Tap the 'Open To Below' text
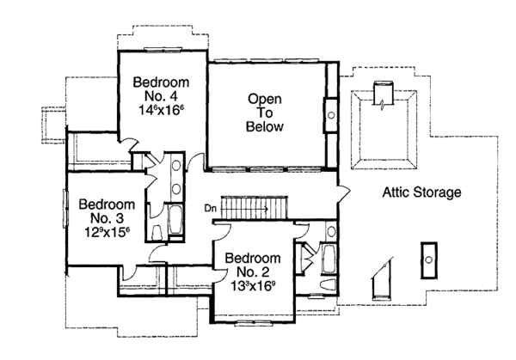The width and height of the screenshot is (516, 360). [x=266, y=112]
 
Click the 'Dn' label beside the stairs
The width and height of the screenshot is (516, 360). [x=210, y=208]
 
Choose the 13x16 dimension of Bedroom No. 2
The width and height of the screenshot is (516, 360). [x=252, y=288]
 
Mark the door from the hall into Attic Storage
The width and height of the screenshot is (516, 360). [x=343, y=191]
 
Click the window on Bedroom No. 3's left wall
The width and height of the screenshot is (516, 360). [x=64, y=208]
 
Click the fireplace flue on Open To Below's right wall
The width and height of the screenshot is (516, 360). [x=331, y=112]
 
